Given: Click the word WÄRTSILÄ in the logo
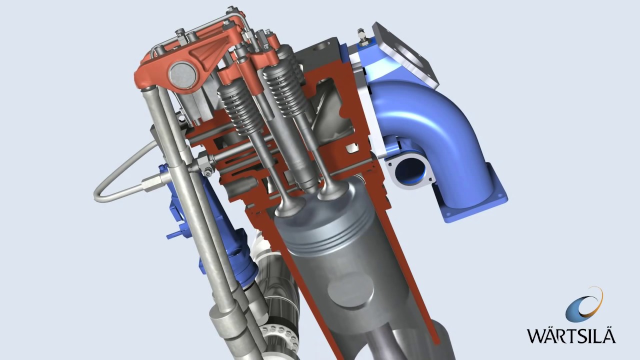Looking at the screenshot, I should coord(570,334).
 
